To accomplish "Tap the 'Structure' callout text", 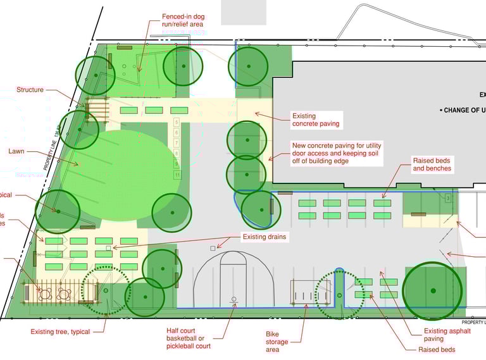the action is pyautogui.click(x=30, y=90).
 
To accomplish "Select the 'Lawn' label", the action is pyautogui.click(x=16, y=152).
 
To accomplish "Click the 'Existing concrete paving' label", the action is pyautogui.click(x=316, y=120).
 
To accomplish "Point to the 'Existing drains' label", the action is pyautogui.click(x=265, y=237).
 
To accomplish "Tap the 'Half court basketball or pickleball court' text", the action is pyautogui.click(x=184, y=338).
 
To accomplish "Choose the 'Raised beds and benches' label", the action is pyautogui.click(x=432, y=164).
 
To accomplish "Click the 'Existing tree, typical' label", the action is pyautogui.click(x=60, y=332).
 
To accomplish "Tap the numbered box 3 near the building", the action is pyautogui.click(x=447, y=199).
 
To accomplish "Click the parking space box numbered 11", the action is pyautogui.click(x=177, y=174).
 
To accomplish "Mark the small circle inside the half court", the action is pyautogui.click(x=234, y=299).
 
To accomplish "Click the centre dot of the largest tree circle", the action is pyautogui.click(x=433, y=290).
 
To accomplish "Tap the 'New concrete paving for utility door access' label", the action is pyautogui.click(x=336, y=153).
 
